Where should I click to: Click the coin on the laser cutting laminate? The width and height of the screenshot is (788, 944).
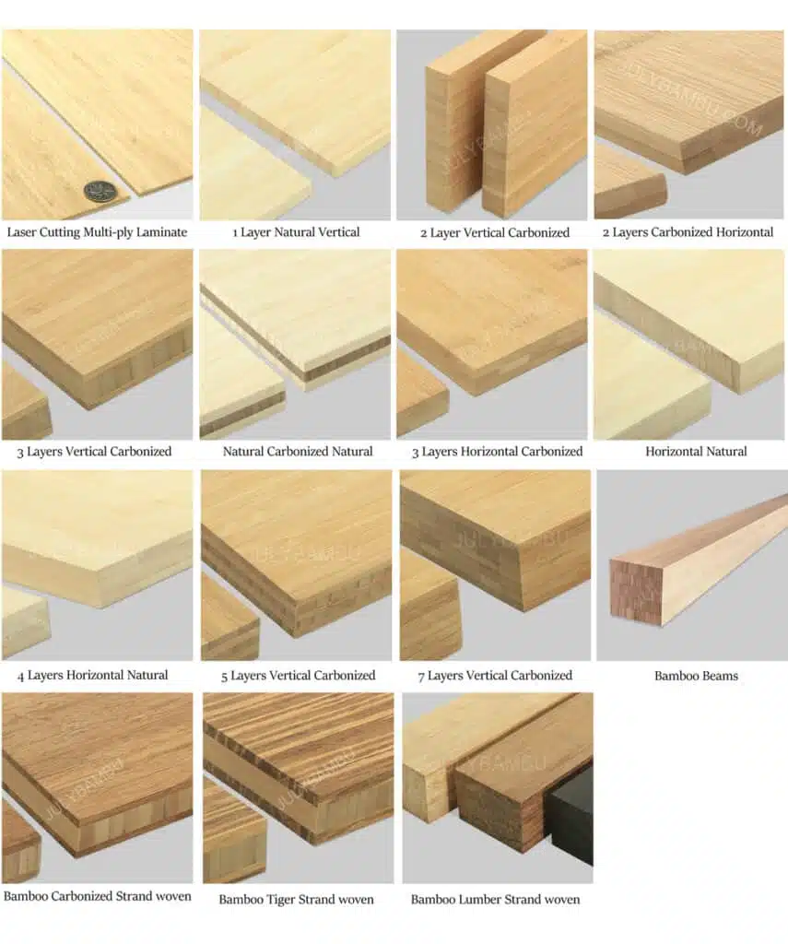100,191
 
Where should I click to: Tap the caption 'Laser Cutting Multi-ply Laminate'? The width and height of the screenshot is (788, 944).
97,232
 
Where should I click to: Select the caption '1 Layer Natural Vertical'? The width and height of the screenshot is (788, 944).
296,232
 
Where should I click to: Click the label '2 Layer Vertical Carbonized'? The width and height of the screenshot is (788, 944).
495,232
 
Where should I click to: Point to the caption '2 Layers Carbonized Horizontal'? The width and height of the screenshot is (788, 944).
688,232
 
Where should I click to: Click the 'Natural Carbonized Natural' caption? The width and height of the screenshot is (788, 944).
298,452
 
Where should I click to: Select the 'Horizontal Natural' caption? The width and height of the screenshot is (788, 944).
696,452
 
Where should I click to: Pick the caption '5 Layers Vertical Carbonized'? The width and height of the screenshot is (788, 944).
298,676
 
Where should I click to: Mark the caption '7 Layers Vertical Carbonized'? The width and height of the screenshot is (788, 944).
495,676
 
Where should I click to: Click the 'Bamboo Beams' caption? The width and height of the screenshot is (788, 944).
696,676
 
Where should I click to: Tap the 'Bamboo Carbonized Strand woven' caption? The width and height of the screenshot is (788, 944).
98,896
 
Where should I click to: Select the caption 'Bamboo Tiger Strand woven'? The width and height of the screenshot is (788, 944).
296,899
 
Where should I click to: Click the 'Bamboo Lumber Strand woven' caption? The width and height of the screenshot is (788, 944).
495,899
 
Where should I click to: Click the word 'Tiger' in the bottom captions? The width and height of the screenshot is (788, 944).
282,899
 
